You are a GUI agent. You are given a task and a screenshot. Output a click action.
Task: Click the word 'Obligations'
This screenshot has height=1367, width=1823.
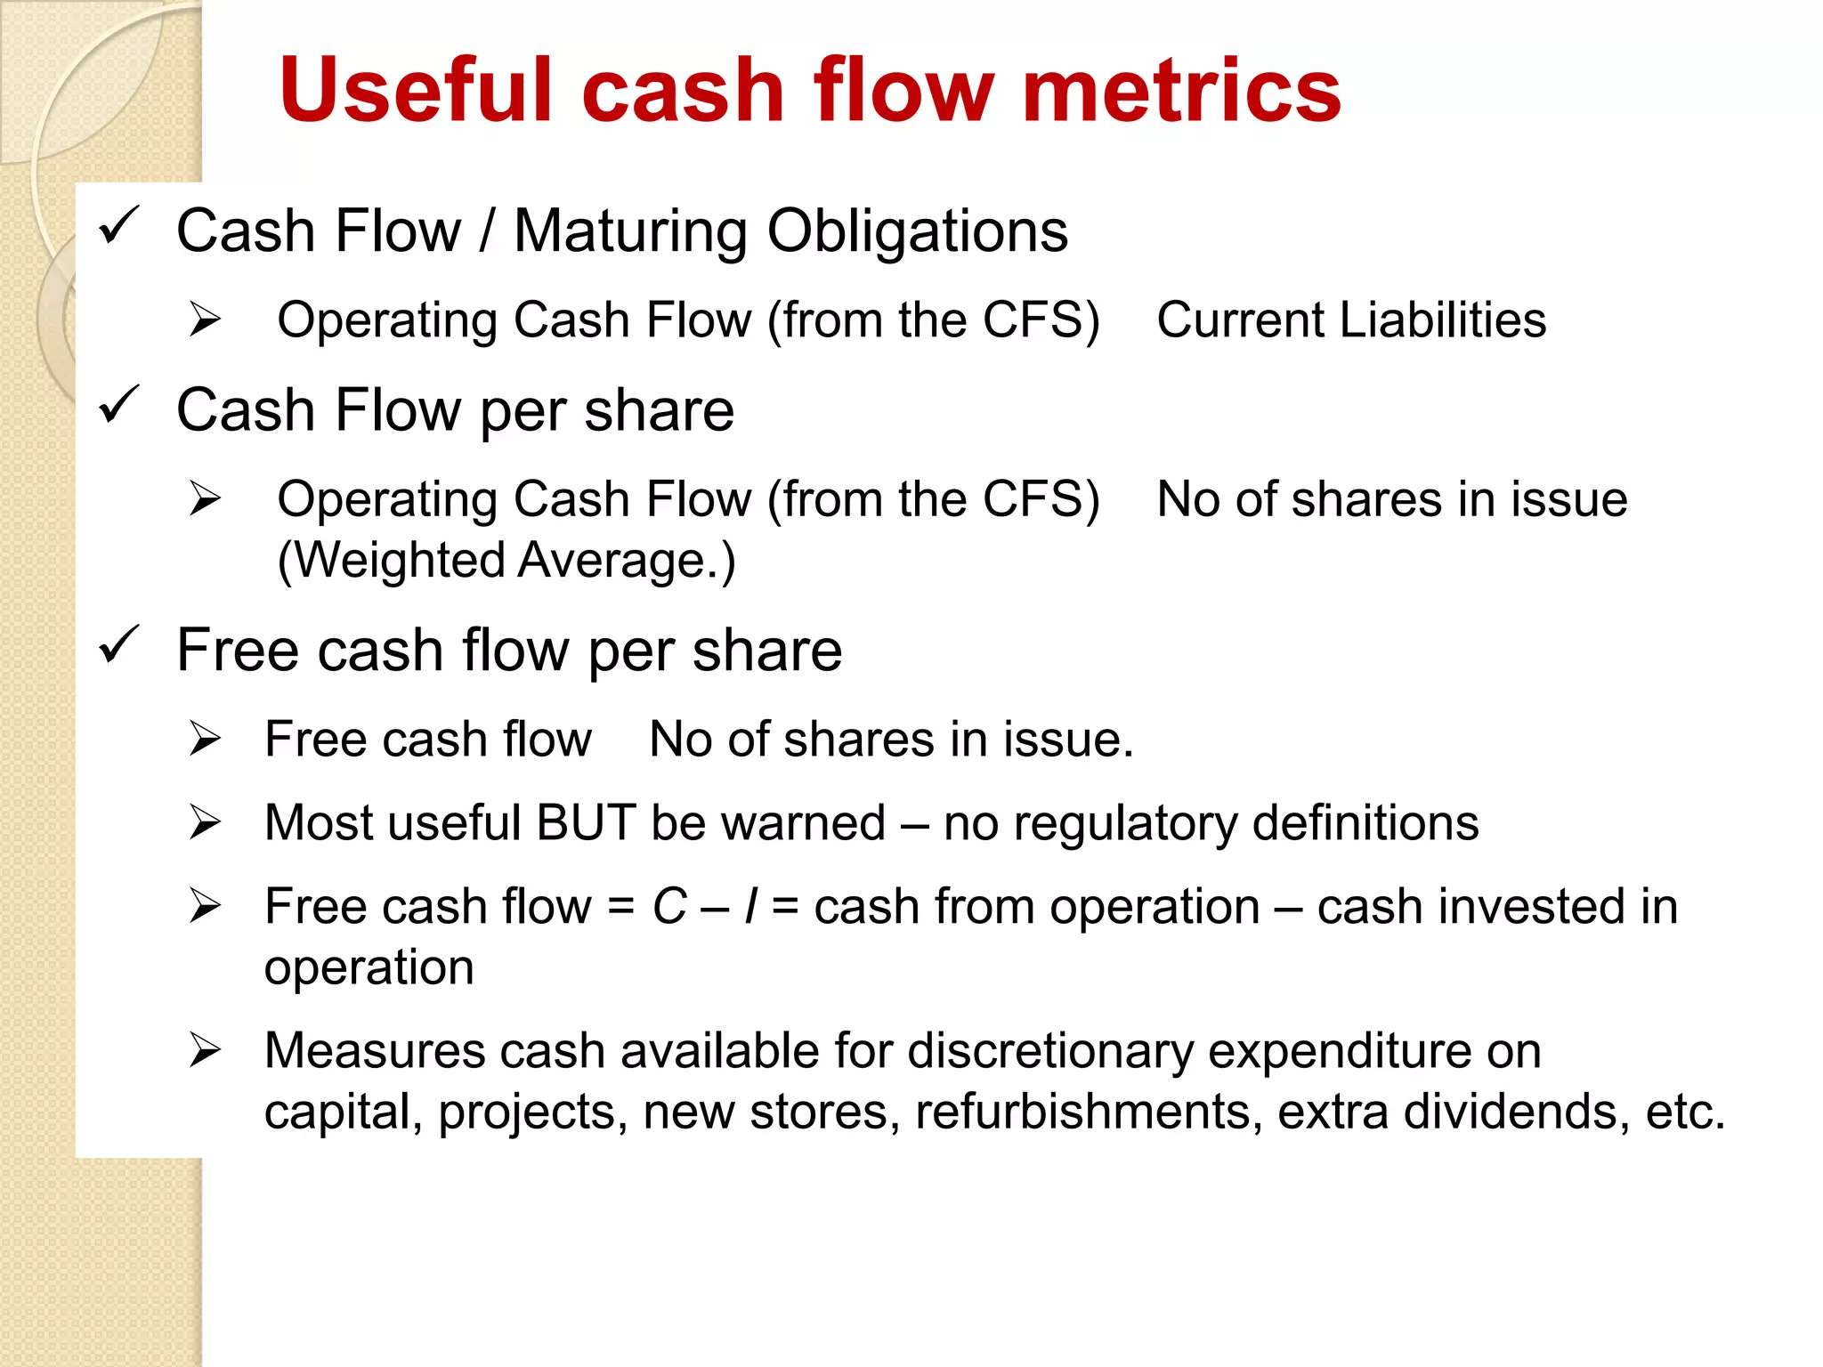[917, 231]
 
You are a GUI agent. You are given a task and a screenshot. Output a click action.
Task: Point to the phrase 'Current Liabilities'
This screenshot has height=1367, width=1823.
[1350, 320]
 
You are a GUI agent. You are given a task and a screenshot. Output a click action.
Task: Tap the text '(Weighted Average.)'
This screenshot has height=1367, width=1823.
[506, 561]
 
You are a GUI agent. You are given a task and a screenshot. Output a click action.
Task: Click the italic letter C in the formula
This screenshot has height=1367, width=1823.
[669, 907]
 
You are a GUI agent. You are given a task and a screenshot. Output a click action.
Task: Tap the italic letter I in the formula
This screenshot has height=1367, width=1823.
[751, 907]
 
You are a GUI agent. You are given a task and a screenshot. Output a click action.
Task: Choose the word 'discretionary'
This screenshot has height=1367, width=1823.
[1049, 1051]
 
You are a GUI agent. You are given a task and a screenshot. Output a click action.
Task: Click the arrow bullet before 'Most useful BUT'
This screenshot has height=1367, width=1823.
[205, 822]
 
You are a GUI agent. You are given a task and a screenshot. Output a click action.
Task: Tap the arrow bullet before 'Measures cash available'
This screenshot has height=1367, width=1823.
[205, 1051]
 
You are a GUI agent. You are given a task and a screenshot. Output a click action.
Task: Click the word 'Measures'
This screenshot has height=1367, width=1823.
[374, 1051]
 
